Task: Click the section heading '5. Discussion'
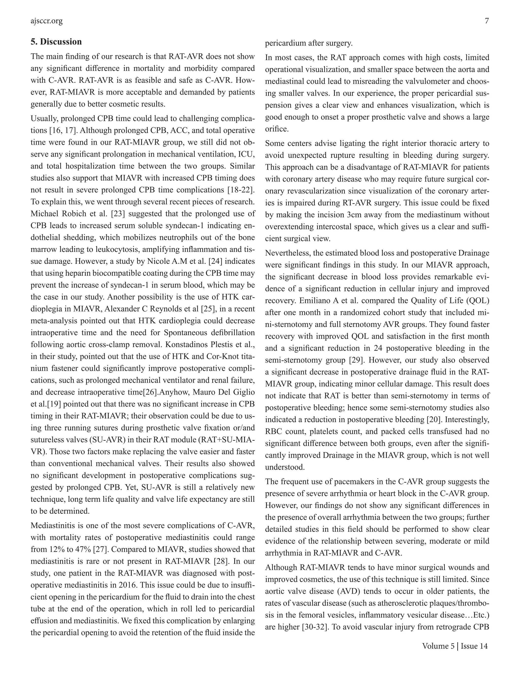tap(56, 42)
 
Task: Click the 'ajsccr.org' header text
tap(46, 21)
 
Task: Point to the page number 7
tap(487, 21)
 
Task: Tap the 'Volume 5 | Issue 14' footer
tap(455, 646)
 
